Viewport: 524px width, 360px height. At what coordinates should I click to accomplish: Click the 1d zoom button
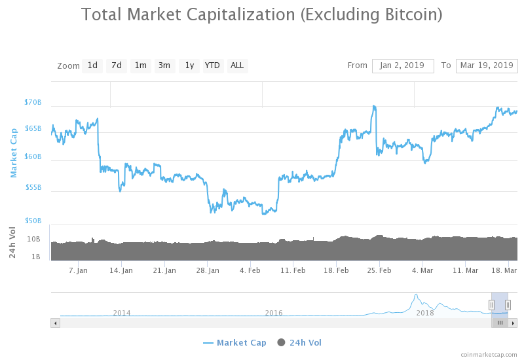tap(92, 65)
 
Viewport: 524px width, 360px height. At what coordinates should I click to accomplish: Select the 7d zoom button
tap(117, 65)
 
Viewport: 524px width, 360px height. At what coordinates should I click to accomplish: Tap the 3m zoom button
tap(164, 65)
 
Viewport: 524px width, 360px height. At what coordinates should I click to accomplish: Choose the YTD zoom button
tap(212, 65)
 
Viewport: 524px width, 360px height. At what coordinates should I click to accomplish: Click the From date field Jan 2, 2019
tap(403, 65)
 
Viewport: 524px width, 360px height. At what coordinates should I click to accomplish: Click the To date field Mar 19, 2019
tap(487, 65)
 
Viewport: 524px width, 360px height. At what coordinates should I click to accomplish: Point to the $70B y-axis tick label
tap(33, 103)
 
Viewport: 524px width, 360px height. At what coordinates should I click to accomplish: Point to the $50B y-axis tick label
tap(33, 221)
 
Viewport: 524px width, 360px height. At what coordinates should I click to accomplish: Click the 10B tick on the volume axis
tap(34, 240)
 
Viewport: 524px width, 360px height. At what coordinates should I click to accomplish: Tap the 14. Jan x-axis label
tap(121, 270)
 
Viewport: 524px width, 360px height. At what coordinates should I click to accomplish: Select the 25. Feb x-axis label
tap(380, 270)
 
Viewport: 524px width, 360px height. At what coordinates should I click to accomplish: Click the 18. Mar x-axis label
tap(505, 270)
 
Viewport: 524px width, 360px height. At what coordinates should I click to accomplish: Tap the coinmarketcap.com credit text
tap(488, 354)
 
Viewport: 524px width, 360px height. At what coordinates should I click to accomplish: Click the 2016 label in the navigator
tap(274, 313)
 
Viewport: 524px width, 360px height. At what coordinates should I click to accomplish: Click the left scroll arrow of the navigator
tap(56, 323)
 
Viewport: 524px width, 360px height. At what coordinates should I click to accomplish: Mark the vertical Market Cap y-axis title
tap(14, 153)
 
